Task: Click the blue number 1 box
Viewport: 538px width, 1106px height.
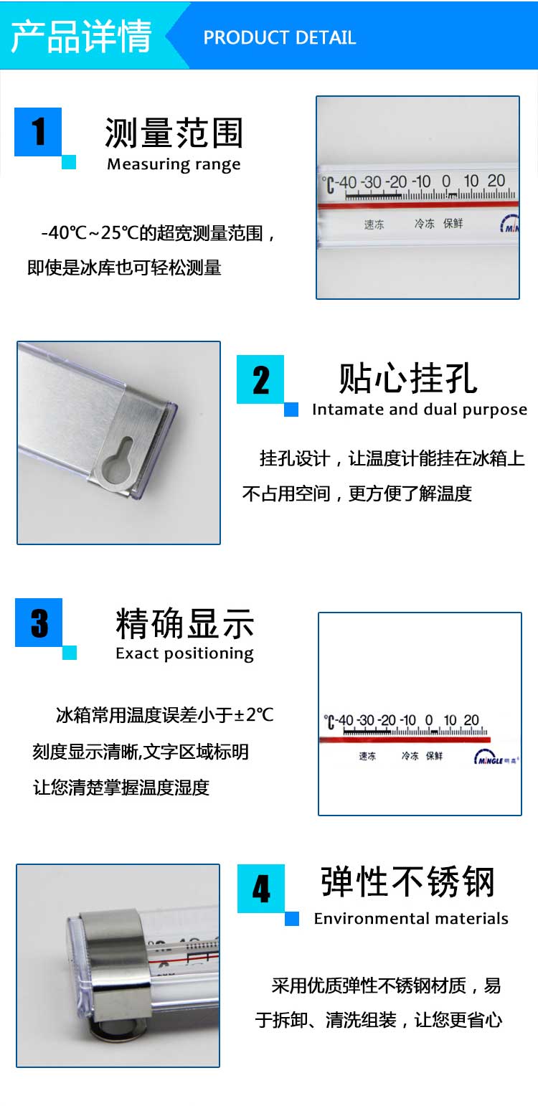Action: [x=38, y=132]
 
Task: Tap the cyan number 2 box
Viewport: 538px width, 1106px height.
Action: [x=260, y=379]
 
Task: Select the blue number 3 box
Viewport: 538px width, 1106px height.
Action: [x=39, y=623]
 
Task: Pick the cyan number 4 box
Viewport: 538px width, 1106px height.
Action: [x=261, y=888]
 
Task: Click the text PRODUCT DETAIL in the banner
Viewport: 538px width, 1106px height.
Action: [x=280, y=37]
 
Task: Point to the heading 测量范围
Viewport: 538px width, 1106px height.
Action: [x=174, y=133]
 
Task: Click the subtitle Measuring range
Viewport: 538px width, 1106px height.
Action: [x=174, y=164]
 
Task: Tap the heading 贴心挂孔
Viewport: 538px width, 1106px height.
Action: [x=407, y=379]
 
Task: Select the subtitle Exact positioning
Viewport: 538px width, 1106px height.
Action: [x=184, y=653]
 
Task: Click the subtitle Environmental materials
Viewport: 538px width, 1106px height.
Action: [x=411, y=918]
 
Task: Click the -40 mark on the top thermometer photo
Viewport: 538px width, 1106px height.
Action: [x=347, y=182]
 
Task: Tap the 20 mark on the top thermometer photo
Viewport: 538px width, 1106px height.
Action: [x=496, y=181]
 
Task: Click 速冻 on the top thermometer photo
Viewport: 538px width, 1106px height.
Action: [x=374, y=224]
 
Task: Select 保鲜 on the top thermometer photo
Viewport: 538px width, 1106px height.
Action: [x=453, y=223]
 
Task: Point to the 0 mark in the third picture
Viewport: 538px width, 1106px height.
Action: [x=429, y=720]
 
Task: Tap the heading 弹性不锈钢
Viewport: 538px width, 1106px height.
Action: [x=407, y=882]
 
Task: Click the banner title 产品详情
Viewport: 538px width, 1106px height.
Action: [x=81, y=36]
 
